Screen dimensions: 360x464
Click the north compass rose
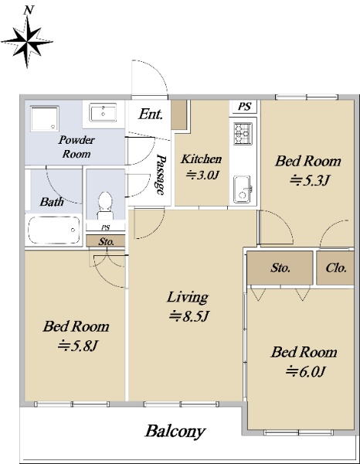click(27, 42)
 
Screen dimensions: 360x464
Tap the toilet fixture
click(105, 205)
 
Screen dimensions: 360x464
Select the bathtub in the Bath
click(54, 230)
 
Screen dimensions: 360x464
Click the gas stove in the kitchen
click(243, 134)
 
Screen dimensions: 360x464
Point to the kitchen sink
click(242, 189)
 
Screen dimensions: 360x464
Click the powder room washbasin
click(104, 112)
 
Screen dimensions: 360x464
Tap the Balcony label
click(175, 432)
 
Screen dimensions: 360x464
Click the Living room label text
click(188, 297)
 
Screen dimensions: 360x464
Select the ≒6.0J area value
click(306, 371)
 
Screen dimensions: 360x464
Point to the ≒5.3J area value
click(310, 180)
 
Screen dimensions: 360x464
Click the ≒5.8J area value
click(78, 346)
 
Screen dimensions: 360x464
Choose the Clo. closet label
click(336, 268)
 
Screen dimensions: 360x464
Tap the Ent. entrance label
click(151, 114)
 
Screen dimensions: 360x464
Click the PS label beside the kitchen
click(244, 107)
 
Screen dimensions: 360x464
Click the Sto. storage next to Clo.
click(280, 268)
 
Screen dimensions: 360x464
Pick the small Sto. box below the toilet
click(106, 241)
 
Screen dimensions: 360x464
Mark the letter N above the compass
click(29, 10)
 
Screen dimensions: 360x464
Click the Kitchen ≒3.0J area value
click(202, 176)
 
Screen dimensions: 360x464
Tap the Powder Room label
click(76, 147)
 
